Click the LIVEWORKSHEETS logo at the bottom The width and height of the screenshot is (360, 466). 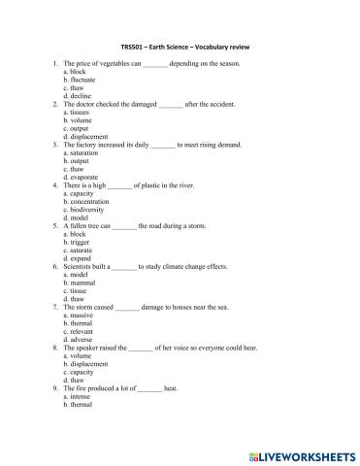[302, 455]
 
